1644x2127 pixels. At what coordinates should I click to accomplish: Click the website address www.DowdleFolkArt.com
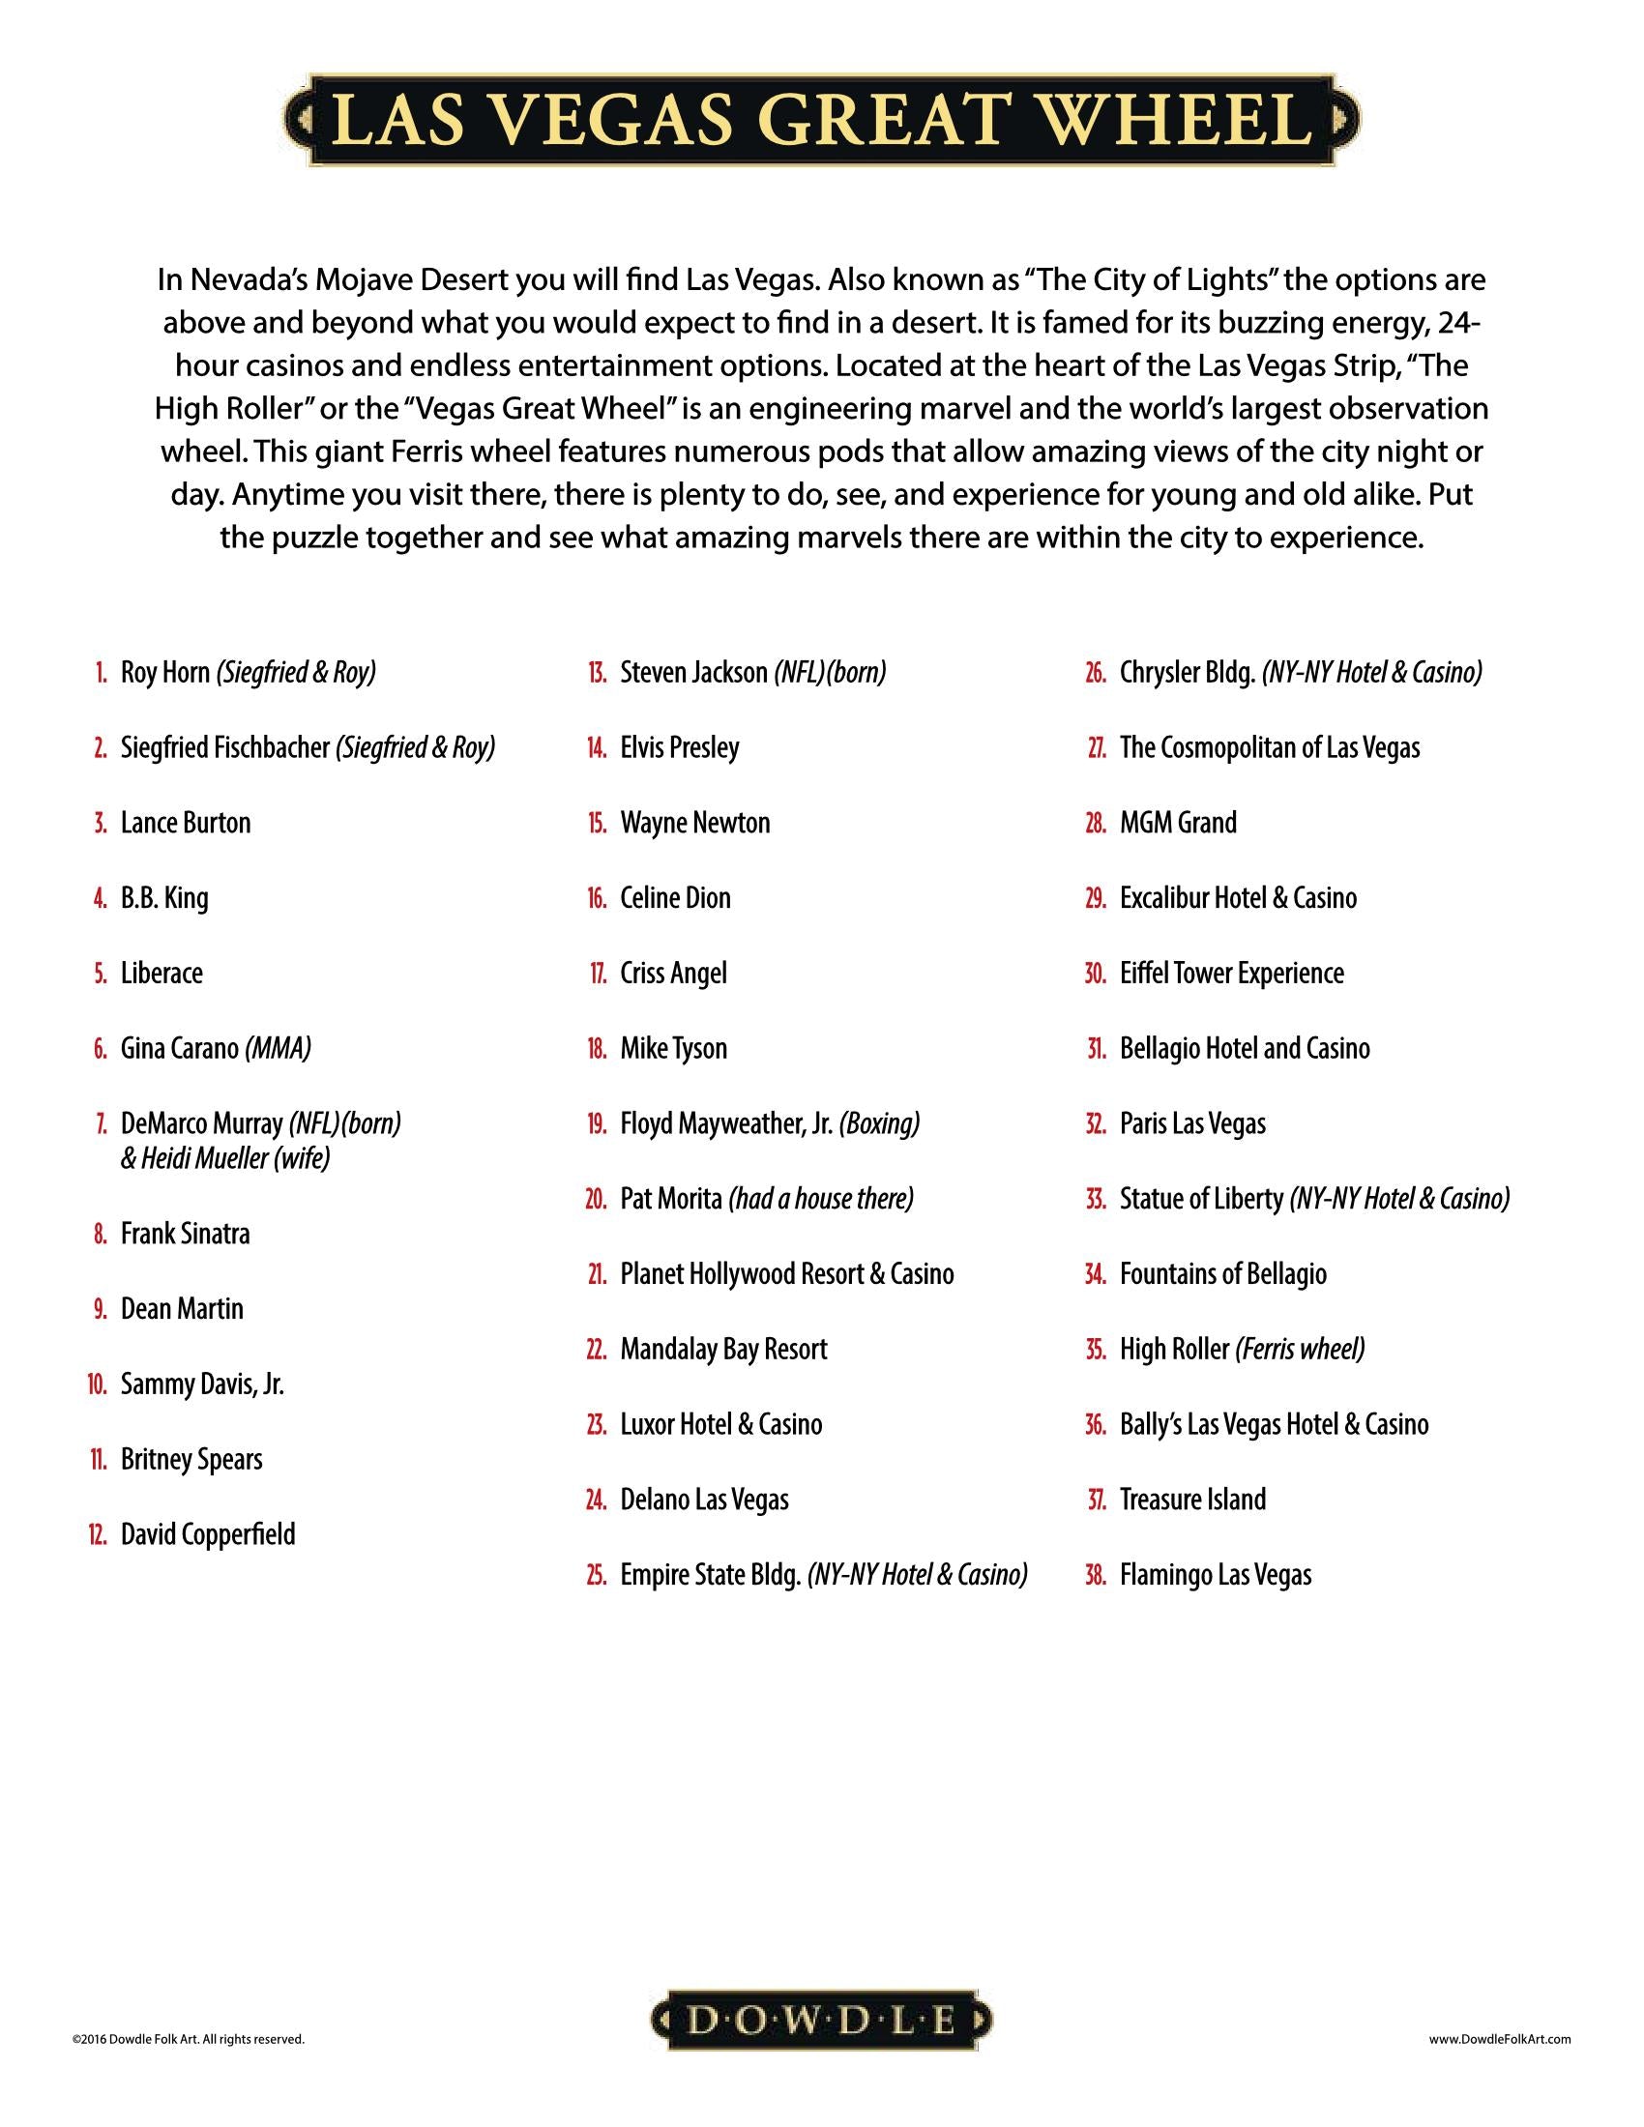tap(1500, 2038)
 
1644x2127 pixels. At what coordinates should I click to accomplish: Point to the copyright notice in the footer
tap(188, 2038)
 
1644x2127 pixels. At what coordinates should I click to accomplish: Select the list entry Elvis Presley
tap(680, 748)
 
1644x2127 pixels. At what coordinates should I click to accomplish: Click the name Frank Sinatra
tap(185, 1234)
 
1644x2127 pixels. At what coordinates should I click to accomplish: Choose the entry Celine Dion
tap(675, 898)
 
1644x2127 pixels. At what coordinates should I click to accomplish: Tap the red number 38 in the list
tap(1095, 1575)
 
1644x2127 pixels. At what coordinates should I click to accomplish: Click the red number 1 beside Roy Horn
tap(102, 673)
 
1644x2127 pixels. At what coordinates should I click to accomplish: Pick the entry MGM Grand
tap(1178, 823)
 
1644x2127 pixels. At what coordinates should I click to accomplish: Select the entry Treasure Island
tap(1192, 1500)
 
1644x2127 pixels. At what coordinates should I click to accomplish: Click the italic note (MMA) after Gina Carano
tap(279, 1049)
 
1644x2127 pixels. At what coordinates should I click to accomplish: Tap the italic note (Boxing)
tap(879, 1123)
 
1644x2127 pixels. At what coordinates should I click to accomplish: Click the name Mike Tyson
tap(674, 1049)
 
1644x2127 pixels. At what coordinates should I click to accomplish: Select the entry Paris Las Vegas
tap(1192, 1123)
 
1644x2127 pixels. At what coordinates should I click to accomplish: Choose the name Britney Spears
tap(191, 1459)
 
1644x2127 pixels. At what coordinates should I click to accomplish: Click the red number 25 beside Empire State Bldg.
tap(596, 1575)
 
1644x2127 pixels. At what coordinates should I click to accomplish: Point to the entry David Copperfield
tap(208, 1535)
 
